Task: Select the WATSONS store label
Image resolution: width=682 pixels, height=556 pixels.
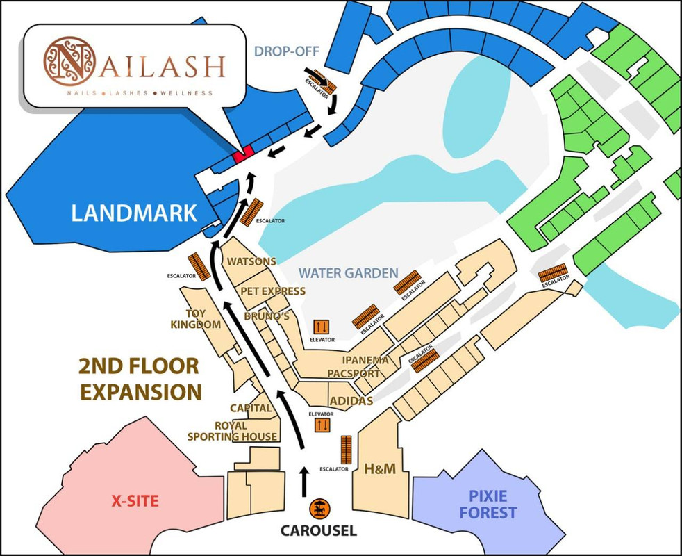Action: [252, 262]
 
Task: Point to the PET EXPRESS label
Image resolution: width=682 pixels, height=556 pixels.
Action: [273, 291]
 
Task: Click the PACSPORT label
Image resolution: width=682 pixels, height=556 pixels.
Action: [354, 374]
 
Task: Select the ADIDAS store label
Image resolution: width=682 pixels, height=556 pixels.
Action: [351, 401]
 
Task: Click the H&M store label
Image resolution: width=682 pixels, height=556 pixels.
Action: [380, 469]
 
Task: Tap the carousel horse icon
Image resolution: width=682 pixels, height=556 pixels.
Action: [319, 509]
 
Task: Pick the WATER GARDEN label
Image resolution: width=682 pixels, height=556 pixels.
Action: [349, 273]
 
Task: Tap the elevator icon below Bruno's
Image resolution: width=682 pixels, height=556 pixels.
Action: [321, 326]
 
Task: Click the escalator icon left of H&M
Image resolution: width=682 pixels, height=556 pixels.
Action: [345, 450]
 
